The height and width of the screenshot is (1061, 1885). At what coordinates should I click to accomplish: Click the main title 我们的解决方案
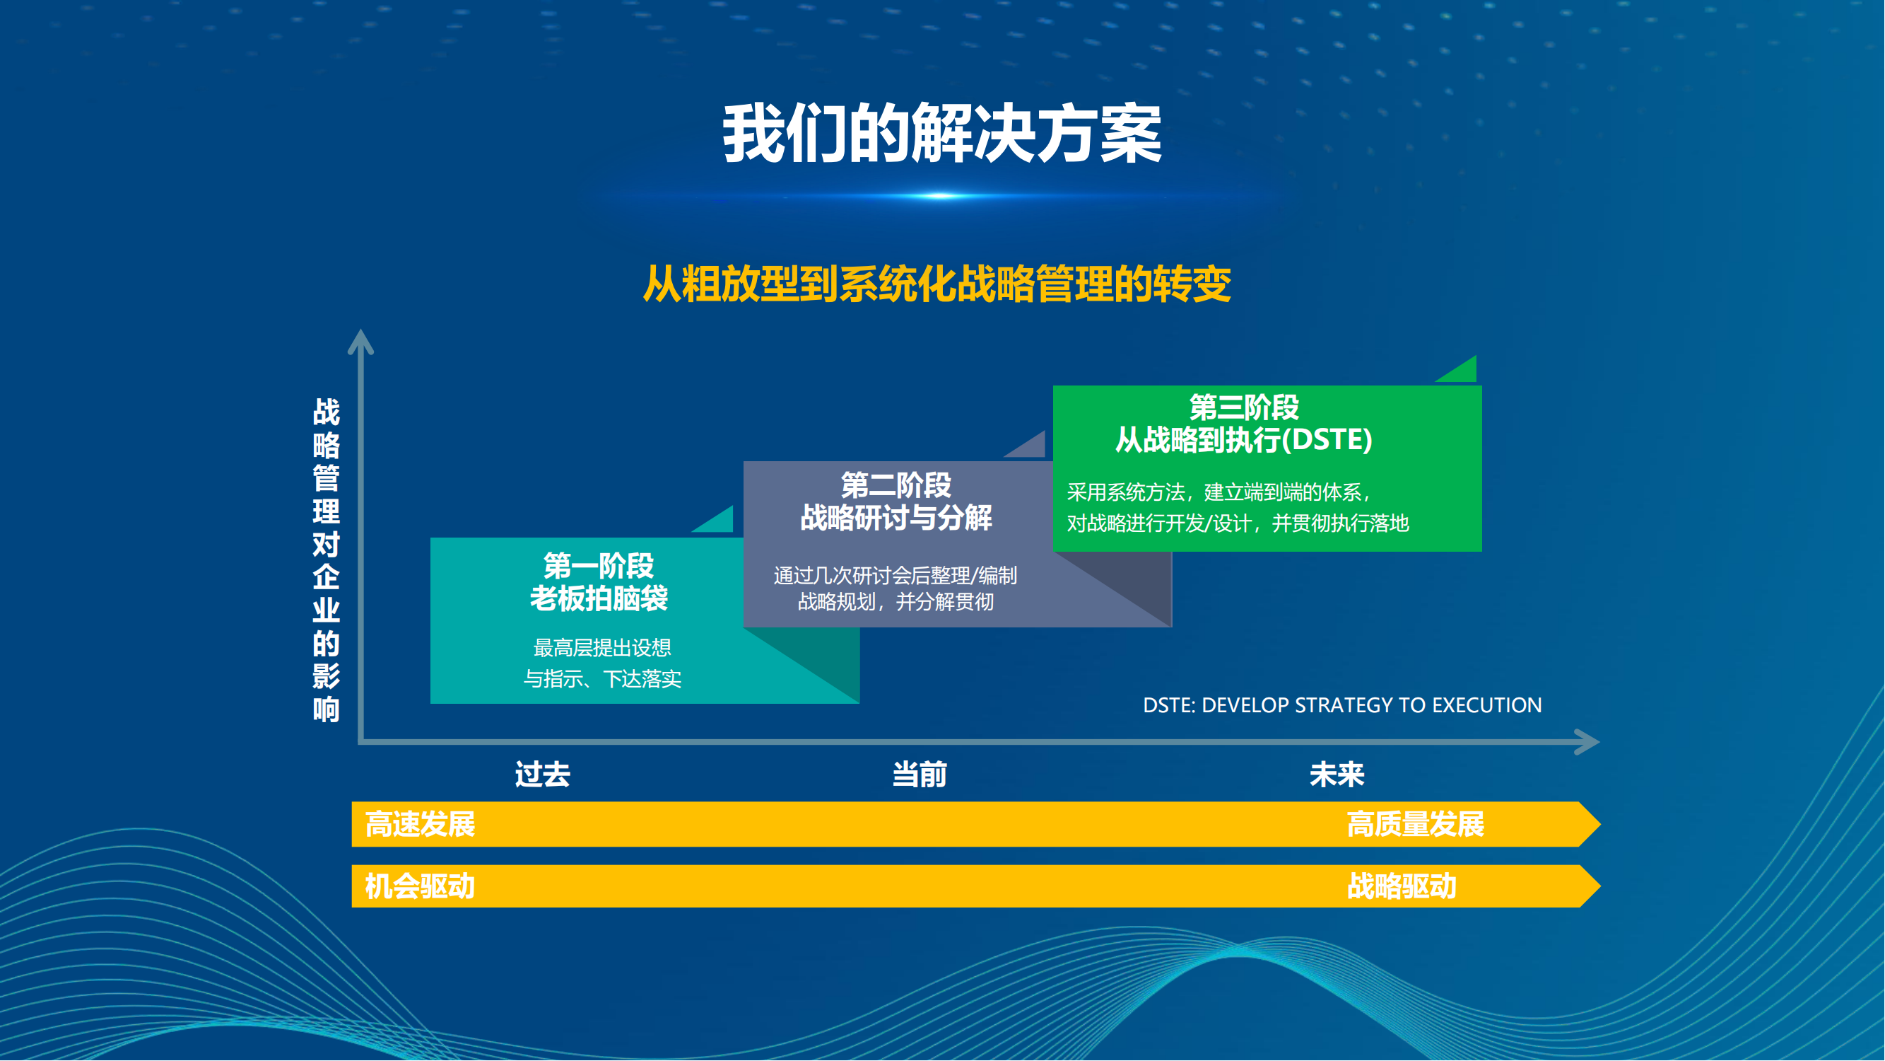click(941, 134)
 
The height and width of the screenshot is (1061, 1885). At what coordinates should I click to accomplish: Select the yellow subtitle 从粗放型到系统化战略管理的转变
click(937, 284)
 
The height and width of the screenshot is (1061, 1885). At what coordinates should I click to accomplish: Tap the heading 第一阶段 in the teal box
click(599, 566)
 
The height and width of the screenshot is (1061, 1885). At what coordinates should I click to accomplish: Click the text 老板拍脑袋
click(599, 599)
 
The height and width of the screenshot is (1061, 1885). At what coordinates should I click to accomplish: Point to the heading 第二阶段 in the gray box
click(895, 485)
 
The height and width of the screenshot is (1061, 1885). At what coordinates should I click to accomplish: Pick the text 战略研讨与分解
click(895, 518)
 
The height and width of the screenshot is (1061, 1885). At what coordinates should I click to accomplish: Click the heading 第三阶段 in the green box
click(1243, 407)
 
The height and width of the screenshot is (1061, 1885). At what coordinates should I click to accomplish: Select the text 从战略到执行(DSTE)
click(1243, 439)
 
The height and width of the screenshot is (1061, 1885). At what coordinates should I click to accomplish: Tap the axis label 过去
click(542, 775)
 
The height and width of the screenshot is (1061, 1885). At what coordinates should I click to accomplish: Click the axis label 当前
click(919, 775)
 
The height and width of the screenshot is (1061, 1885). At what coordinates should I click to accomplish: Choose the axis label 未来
click(1337, 775)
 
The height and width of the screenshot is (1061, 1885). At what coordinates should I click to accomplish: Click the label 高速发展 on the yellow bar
click(420, 825)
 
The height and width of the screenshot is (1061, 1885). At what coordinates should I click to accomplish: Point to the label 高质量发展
click(1415, 825)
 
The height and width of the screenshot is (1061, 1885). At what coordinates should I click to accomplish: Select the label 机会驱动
click(420, 887)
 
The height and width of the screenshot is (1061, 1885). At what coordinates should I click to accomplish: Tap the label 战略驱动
click(1402, 887)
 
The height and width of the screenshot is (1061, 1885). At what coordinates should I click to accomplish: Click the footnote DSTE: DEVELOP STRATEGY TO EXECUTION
click(1342, 705)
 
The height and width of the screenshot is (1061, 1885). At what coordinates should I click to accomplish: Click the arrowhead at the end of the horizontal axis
click(1587, 742)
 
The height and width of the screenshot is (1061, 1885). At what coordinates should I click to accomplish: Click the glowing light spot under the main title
click(941, 195)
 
